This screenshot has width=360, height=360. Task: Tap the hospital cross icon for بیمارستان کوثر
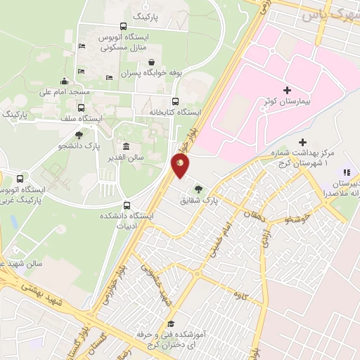[x=287, y=90]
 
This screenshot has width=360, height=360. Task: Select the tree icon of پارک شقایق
[x=199, y=188]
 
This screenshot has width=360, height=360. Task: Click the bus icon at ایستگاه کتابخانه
[x=175, y=101]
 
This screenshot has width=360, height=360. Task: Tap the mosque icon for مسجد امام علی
[x=65, y=81]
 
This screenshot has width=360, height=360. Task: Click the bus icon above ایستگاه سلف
[x=82, y=108]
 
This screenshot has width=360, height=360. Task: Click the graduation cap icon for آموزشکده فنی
[x=170, y=323]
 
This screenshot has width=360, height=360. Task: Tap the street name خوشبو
[x=297, y=219]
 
